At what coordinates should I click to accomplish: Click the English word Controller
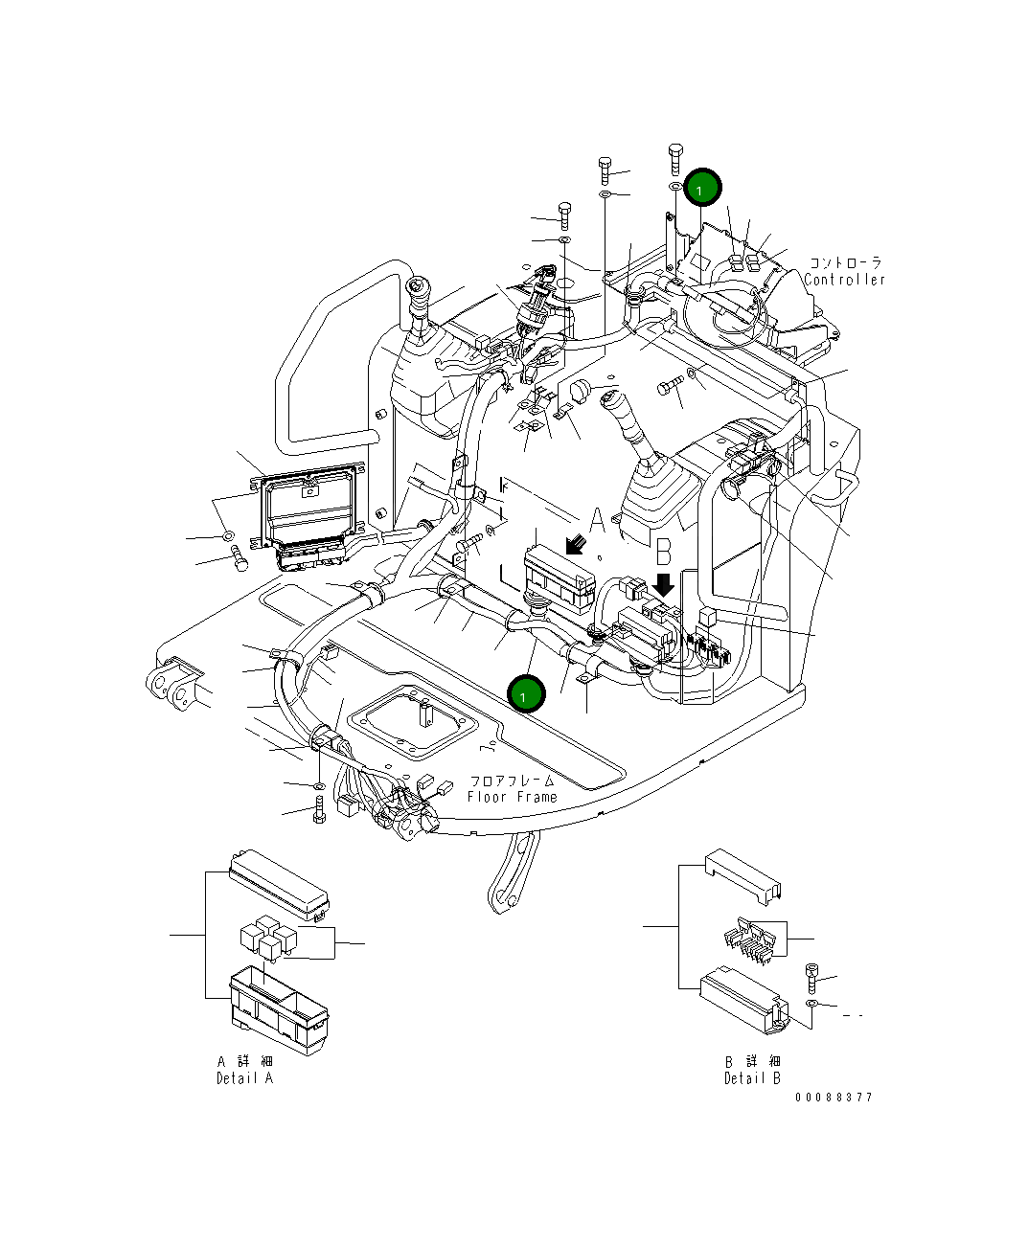coord(845,280)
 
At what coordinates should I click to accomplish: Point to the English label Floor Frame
coord(512,797)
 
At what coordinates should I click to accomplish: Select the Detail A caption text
coord(244,1078)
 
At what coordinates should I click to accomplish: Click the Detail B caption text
coord(752,1078)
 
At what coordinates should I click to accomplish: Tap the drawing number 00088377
coord(833,1098)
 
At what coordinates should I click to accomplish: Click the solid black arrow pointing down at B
coord(663,583)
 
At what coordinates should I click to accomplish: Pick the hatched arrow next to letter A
coord(576,544)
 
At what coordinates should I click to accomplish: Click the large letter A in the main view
coord(598,522)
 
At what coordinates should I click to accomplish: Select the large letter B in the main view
coord(663,552)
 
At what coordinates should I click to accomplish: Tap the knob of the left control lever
coord(418,287)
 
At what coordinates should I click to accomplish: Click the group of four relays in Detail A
coord(266,936)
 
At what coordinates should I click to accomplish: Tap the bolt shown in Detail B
coord(811,978)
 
